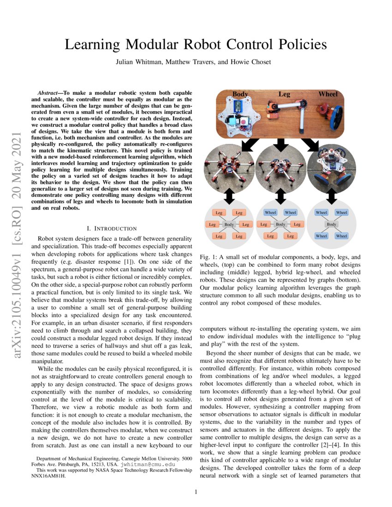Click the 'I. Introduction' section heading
112,228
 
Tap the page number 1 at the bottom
196,492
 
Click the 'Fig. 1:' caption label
208,257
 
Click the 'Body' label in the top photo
240,94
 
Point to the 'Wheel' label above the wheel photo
328,94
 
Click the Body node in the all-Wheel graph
331,224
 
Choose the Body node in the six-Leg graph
229,224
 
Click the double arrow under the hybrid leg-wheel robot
280,197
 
